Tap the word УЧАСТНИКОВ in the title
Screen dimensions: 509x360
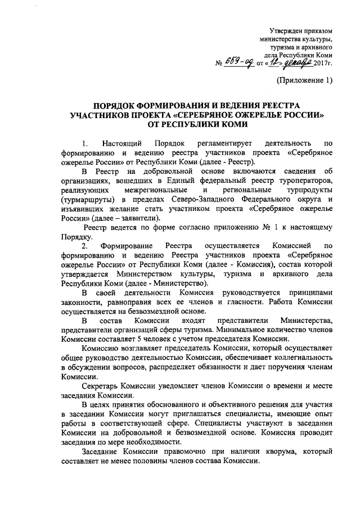[99, 115]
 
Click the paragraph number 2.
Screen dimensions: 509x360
[84, 246]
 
